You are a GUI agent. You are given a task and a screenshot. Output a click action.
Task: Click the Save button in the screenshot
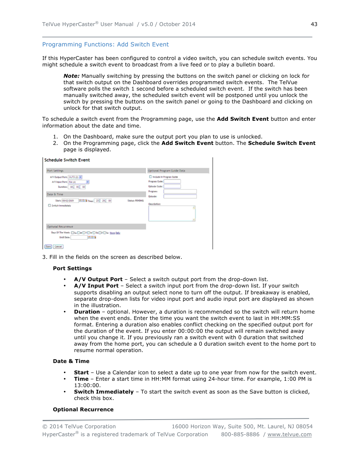pos(48,246)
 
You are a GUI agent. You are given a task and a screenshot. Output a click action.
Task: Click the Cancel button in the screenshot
pos(58,246)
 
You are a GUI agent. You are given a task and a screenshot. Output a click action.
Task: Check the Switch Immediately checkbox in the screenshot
pos(49,206)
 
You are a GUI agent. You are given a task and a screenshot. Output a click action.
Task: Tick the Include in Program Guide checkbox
pos(150,177)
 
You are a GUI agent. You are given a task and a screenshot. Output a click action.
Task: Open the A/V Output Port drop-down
pos(75,177)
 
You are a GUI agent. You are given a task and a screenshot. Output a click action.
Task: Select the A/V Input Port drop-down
pos(78,182)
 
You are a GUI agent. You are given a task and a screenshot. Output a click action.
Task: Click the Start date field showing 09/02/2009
pos(70,201)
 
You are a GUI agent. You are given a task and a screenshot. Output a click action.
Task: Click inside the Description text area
pos(172,213)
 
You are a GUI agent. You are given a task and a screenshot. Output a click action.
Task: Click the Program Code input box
pos(172,181)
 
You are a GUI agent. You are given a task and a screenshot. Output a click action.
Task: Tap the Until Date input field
pos(79,237)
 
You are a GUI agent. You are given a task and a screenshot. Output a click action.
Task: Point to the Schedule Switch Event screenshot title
pos(67,160)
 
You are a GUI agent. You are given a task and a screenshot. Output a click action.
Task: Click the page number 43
pos(314,24)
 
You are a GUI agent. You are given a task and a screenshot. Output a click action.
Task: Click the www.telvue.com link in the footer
pos(289,434)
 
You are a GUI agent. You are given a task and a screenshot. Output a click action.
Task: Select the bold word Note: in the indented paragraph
pos(71,76)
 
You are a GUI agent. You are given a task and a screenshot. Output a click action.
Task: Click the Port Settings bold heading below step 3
pos(72,268)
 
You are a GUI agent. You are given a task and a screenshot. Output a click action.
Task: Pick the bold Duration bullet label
pos(87,312)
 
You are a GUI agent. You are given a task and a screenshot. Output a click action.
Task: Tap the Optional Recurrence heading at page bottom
pos(83,409)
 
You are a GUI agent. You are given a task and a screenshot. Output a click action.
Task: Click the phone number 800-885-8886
pos(240,434)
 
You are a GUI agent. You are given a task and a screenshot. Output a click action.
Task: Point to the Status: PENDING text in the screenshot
pos(135,201)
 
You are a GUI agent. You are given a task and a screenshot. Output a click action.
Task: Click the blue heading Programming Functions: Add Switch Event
pos(105,45)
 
